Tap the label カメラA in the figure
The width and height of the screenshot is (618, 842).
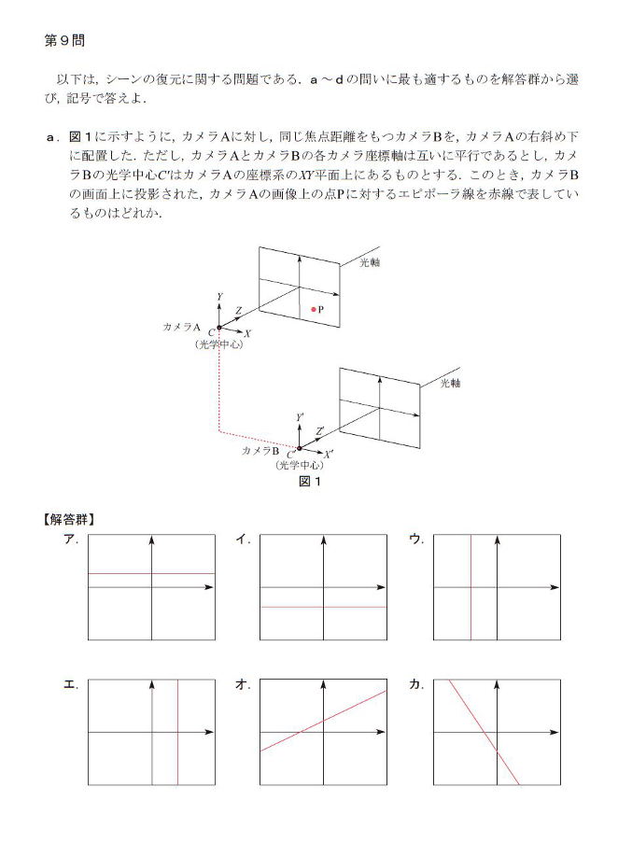click(182, 328)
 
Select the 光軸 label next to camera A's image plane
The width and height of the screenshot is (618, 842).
click(370, 263)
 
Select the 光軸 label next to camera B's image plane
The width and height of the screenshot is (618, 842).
click(450, 383)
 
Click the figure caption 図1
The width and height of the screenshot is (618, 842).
click(309, 482)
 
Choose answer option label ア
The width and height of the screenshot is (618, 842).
click(70, 539)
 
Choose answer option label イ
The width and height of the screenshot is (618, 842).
click(243, 539)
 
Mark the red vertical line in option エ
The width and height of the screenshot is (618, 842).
click(177, 756)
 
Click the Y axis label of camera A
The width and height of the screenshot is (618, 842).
click(218, 297)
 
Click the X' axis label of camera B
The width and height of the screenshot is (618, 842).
click(328, 452)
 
